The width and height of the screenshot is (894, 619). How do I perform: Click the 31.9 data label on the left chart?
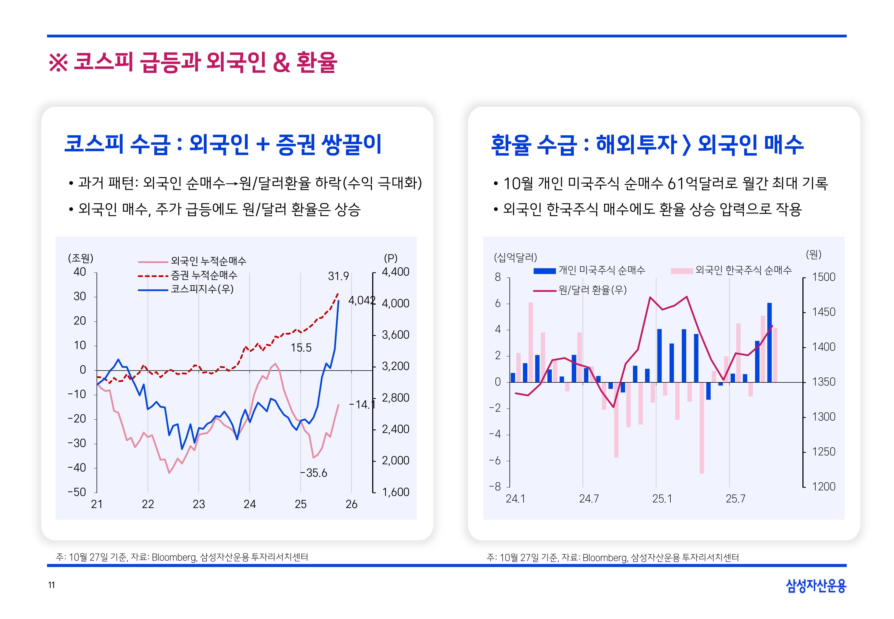point(338,276)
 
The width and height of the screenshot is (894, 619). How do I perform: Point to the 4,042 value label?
point(361,300)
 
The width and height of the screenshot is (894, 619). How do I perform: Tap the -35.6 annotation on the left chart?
point(313,473)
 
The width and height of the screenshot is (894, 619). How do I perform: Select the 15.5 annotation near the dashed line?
point(301,347)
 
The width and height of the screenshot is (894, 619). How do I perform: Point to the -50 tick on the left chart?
point(77,492)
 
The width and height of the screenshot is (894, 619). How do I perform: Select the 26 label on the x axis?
point(351,504)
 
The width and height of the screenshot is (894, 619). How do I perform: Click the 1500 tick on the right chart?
point(823,277)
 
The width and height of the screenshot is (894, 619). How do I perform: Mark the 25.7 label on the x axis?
point(735,499)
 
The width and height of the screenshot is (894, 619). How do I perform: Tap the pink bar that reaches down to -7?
point(702,428)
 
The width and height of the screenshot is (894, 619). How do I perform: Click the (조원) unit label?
point(81,258)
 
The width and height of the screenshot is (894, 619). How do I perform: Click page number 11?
point(51,585)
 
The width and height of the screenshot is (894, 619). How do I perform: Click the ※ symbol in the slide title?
point(58,63)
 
